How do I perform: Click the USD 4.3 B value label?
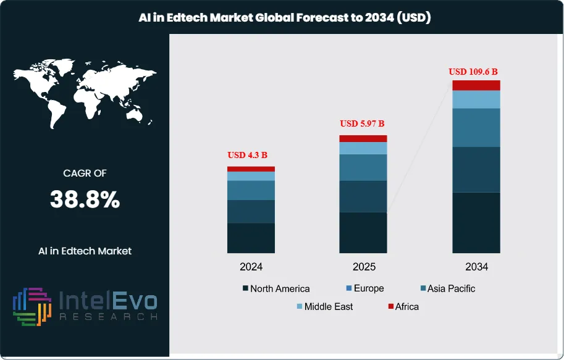click(x=251, y=155)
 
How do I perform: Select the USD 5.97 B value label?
click(x=363, y=123)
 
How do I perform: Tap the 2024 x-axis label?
click(x=251, y=267)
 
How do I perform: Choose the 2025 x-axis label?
click(x=363, y=267)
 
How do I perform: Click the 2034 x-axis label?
click(x=476, y=267)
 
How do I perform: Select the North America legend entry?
click(x=276, y=288)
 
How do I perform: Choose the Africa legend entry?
click(x=403, y=306)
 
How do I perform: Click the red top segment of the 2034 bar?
click(x=476, y=85)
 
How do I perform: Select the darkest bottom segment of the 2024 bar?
click(x=251, y=238)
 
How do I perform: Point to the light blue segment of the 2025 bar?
click(x=363, y=148)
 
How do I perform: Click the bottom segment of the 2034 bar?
click(x=476, y=222)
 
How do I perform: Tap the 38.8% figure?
click(x=85, y=199)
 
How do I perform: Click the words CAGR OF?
click(x=85, y=174)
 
